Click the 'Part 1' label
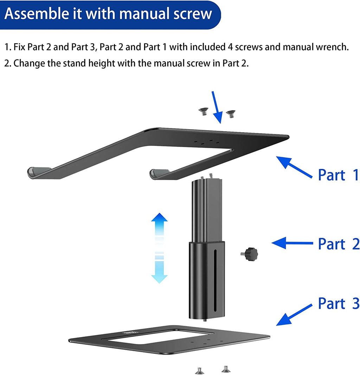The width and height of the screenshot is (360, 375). click(x=338, y=175)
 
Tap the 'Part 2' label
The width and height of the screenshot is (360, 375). click(x=338, y=244)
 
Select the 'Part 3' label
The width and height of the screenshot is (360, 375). click(x=338, y=303)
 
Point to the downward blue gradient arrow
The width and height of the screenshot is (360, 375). click(x=159, y=270)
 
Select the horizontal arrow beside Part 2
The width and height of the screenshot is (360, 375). click(x=292, y=243)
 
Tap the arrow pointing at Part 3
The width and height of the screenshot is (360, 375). click(x=294, y=314)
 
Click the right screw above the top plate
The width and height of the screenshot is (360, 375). click(x=231, y=114)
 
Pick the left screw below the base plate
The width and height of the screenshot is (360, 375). click(x=199, y=370)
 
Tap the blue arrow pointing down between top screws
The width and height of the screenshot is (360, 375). click(x=217, y=107)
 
